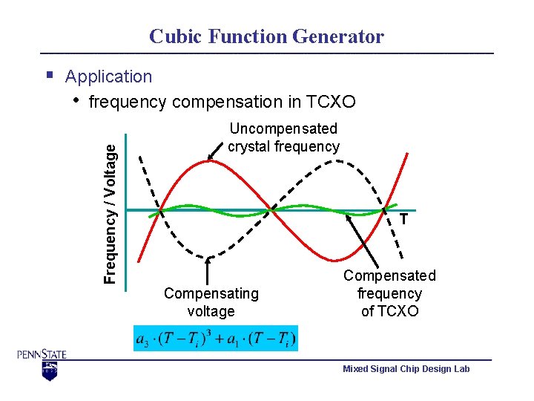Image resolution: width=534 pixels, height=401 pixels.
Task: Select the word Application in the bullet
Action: click(x=108, y=76)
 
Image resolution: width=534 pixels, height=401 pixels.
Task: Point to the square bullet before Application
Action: click(x=49, y=75)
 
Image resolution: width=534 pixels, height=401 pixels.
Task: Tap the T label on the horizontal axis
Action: click(x=403, y=219)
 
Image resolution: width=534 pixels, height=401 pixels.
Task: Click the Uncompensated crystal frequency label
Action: click(x=283, y=137)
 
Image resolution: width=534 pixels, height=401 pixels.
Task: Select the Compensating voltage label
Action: click(x=211, y=302)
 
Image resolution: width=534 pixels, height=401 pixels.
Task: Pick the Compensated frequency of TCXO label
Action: click(x=389, y=293)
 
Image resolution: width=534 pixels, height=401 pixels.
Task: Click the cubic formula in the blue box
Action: click(x=216, y=339)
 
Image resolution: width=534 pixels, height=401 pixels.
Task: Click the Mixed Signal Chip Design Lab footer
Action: click(x=406, y=369)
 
